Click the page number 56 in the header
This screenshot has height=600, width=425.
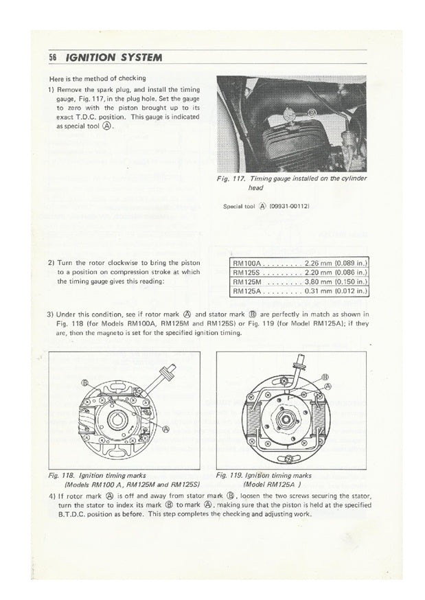click(52, 57)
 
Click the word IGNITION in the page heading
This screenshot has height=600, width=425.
click(88, 57)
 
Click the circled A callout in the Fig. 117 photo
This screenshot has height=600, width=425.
click(313, 112)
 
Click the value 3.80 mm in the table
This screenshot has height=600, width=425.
click(315, 281)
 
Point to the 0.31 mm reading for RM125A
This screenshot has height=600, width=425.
click(315, 291)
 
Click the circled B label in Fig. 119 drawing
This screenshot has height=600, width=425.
click(325, 377)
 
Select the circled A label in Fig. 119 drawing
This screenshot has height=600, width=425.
click(327, 386)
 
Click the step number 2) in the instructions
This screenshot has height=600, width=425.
click(51, 263)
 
